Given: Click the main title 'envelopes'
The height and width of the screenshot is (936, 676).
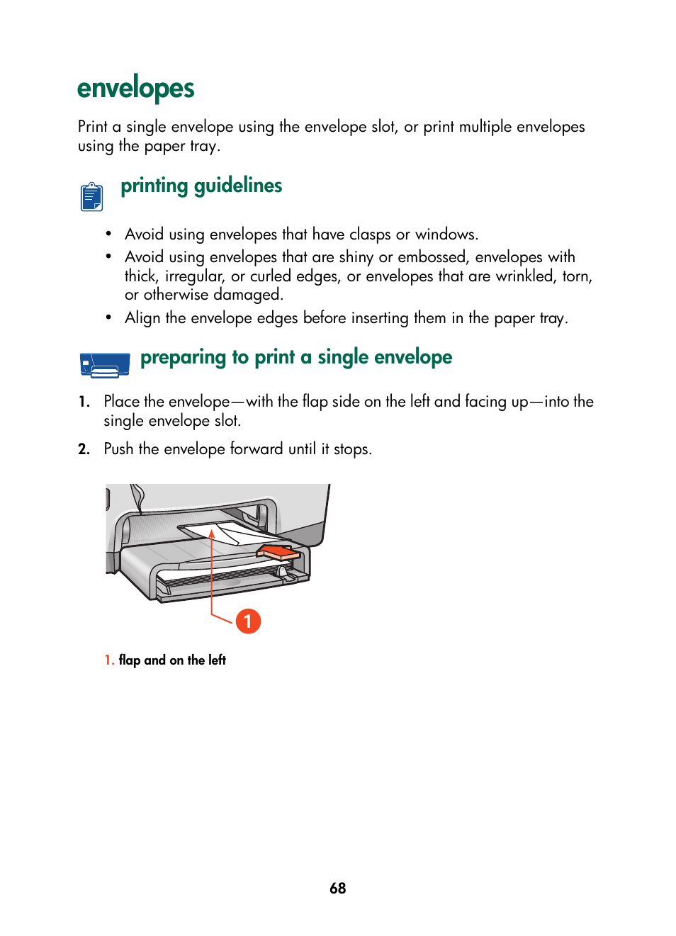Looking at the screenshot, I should point(135,89).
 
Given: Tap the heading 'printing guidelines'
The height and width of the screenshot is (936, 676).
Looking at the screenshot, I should point(201,186).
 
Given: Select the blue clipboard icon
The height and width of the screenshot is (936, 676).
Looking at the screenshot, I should point(91,196).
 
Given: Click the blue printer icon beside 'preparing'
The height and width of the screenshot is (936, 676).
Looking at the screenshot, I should point(105,364).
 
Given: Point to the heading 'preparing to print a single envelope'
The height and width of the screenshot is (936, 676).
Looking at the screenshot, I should point(295,357).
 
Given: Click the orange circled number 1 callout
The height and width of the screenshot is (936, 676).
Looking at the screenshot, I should point(248,621).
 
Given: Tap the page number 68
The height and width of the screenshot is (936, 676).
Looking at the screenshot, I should point(337,888).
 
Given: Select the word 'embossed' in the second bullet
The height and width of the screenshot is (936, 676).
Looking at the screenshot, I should point(432,257).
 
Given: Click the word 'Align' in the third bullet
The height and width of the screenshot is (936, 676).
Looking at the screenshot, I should point(142,318).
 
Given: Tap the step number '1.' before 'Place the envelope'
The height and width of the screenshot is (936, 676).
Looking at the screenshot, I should point(84,402).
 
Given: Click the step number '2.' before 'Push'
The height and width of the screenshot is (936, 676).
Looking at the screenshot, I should point(84,449).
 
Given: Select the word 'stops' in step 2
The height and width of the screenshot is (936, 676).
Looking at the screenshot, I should point(351,449).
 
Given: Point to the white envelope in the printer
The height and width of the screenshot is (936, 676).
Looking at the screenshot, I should point(227,533).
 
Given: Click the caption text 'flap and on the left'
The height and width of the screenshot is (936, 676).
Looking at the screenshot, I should point(172,660).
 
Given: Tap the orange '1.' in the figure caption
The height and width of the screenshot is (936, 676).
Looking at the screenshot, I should point(109,660).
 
